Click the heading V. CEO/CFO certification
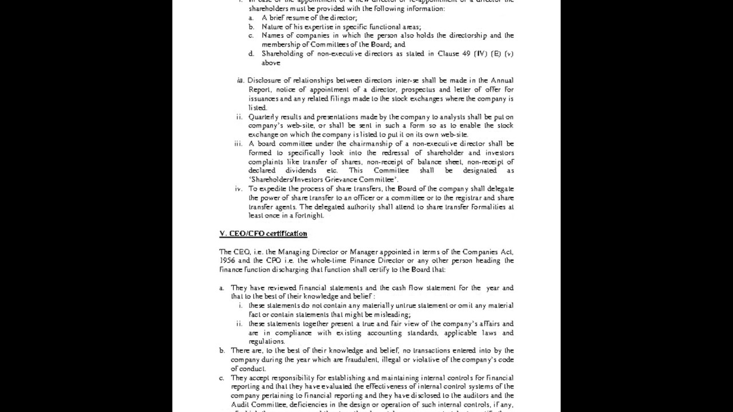(x=263, y=233)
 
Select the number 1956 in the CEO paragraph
(x=227, y=260)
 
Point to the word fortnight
(x=310, y=216)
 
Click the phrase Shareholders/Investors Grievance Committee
(x=323, y=180)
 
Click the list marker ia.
(x=241, y=80)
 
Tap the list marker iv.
(x=239, y=188)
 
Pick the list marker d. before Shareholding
(x=251, y=54)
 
